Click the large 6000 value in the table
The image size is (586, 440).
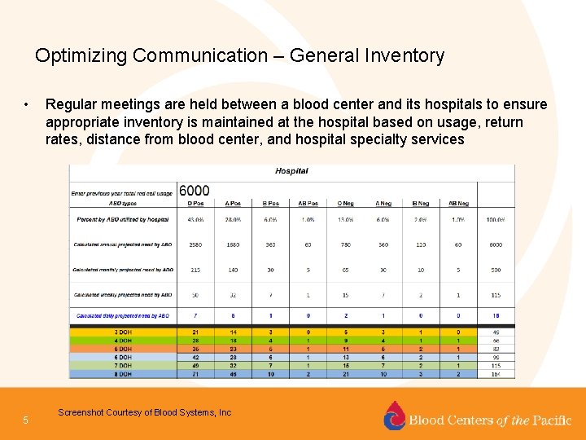pos(195,191)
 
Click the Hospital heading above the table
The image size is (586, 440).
pos(292,171)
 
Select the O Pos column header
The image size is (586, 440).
pos(195,203)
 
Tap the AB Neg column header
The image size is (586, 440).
pos(458,203)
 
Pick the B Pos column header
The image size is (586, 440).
pos(270,203)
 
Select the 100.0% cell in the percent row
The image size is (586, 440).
pos(496,219)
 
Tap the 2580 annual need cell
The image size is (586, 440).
pos(195,244)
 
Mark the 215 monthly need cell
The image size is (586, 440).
pos(195,270)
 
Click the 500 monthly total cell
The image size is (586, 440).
pos(496,270)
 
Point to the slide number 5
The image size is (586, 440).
pos(26,420)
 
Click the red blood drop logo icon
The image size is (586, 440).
pos(394,416)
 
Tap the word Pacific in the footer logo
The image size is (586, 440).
pos(553,420)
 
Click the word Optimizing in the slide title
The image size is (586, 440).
pos(81,56)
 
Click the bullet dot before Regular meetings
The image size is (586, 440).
pos(27,105)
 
